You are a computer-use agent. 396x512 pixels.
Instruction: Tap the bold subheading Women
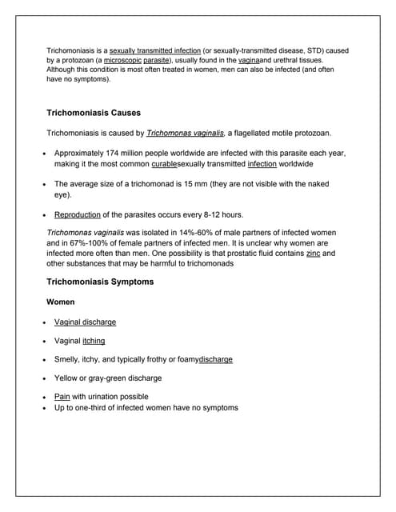(61, 302)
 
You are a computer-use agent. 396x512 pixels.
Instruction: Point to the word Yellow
(67, 378)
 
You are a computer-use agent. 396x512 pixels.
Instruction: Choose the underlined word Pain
(62, 396)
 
